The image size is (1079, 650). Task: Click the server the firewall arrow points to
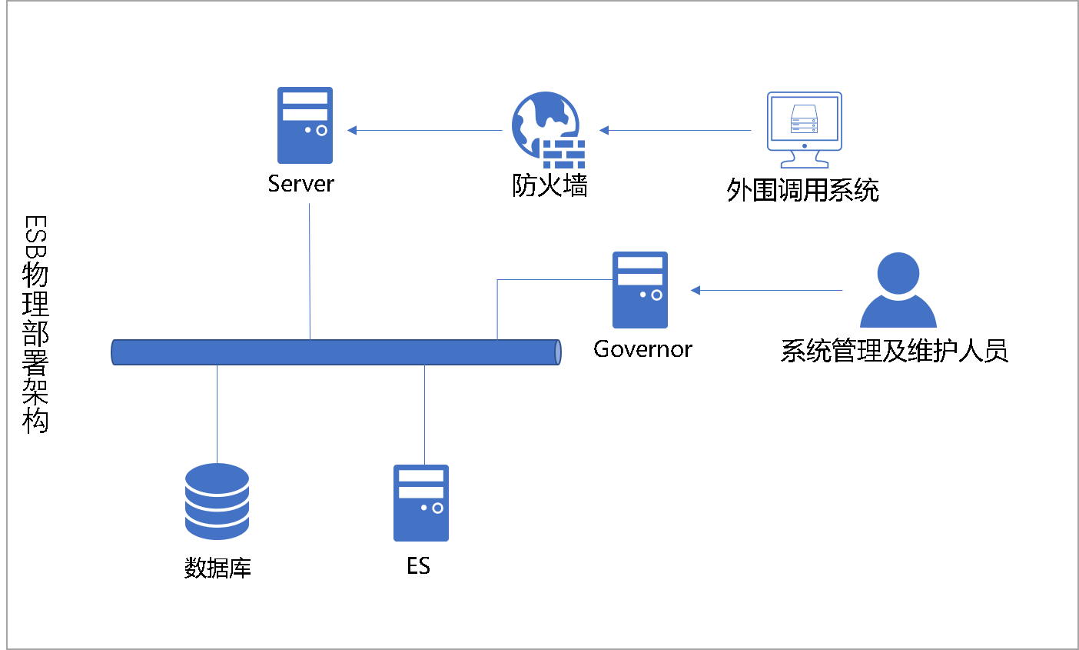[305, 125]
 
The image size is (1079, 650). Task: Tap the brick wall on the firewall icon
[564, 154]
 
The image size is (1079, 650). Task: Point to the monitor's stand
[804, 160]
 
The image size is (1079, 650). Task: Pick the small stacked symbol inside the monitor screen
[804, 118]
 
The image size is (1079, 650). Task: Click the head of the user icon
[898, 272]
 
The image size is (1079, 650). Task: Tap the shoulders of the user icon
[898, 314]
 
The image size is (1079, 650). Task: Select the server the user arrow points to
[640, 290]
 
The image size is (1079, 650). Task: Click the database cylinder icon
[217, 501]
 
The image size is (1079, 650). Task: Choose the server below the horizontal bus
[421, 503]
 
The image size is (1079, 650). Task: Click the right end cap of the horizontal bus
[558, 352]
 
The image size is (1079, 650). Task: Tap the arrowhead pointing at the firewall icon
[603, 130]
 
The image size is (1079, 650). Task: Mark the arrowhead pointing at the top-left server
[351, 130]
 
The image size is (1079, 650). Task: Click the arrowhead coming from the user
[695, 290]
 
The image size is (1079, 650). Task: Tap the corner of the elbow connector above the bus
[497, 280]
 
